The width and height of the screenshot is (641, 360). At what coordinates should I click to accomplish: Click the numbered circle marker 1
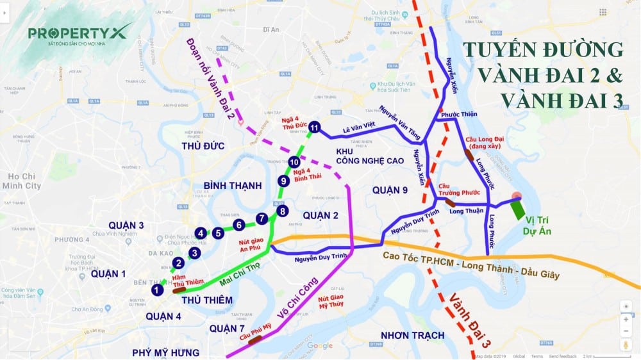click(x=156, y=290)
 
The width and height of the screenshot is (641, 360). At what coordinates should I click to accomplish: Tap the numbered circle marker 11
click(x=314, y=128)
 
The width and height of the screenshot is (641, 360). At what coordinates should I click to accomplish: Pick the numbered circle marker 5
click(x=219, y=233)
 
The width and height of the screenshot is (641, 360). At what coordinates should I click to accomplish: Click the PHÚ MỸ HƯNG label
click(x=165, y=352)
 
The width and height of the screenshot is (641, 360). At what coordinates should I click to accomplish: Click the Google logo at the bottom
click(x=320, y=346)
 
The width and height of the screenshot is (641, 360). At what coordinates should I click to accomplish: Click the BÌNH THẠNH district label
click(x=233, y=186)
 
